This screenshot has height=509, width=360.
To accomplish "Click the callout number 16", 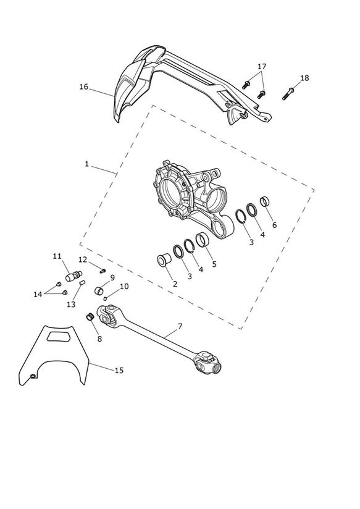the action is click(x=83, y=86).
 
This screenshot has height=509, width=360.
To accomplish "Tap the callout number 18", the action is click(x=304, y=78).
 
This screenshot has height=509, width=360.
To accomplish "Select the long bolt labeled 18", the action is click(x=288, y=93).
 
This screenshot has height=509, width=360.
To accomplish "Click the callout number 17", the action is click(x=262, y=66).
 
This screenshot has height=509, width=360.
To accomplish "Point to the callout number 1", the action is click(x=86, y=164).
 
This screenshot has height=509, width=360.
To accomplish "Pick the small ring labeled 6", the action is click(x=265, y=201).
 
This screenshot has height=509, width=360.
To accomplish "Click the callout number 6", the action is click(x=274, y=225).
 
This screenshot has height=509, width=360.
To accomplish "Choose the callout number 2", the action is click(x=175, y=284).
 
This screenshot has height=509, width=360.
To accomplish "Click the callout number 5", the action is click(x=214, y=264).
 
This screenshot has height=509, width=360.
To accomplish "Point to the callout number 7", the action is click(x=180, y=326).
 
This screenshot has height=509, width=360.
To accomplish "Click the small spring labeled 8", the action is click(x=90, y=316).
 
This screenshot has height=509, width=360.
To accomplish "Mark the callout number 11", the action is click(x=57, y=256).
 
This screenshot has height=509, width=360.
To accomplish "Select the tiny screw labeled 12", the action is click(x=103, y=271).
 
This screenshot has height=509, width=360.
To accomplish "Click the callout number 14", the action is click(x=38, y=294).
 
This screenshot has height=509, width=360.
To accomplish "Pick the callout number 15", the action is click(x=119, y=370).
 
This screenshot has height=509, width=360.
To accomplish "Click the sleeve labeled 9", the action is click(x=99, y=290).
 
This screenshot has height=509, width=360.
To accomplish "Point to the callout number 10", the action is click(x=124, y=287).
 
